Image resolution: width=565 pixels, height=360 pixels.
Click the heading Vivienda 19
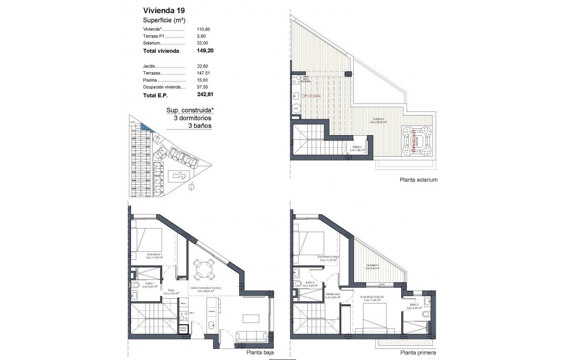click(164, 10)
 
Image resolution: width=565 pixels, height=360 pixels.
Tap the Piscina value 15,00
click(202, 80)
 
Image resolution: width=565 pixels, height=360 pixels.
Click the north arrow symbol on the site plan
click(191, 186)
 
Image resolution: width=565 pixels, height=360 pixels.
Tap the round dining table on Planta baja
click(203, 271)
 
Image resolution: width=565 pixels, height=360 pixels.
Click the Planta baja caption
click(259, 353)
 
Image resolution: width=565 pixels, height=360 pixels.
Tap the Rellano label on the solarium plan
click(357, 149)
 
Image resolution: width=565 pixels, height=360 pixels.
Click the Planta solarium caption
click(419, 180)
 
